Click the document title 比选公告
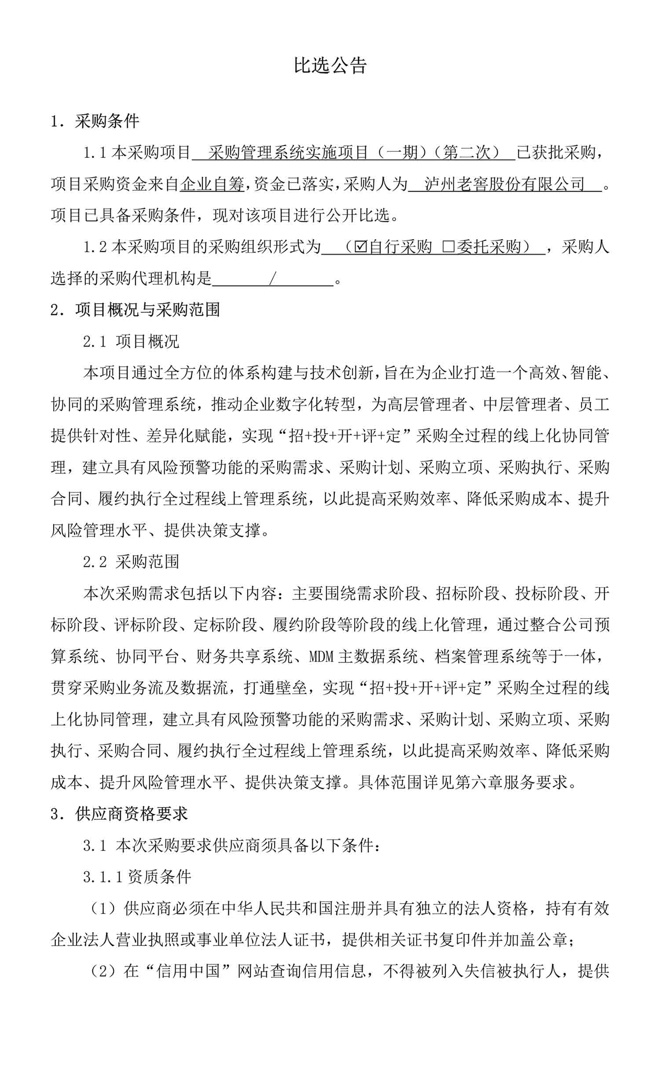pyautogui.click(x=330, y=66)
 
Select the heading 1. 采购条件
pyautogui.click(x=95, y=121)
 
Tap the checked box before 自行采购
pyautogui.click(x=360, y=247)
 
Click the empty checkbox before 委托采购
pyautogui.click(x=447, y=247)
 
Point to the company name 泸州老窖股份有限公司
pyautogui.click(x=504, y=184)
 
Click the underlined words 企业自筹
pyautogui.click(x=212, y=184)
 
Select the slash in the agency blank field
pyautogui.click(x=273, y=278)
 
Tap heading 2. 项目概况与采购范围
pyautogui.click(x=135, y=310)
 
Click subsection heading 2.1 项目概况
pyautogui.click(x=131, y=342)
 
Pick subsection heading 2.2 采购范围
pyautogui.click(x=131, y=562)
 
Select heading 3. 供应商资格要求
pyautogui.click(x=119, y=814)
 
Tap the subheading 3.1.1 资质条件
pyautogui.click(x=137, y=877)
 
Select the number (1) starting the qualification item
pyautogui.click(x=103, y=908)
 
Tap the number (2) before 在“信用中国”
pyautogui.click(x=103, y=971)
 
